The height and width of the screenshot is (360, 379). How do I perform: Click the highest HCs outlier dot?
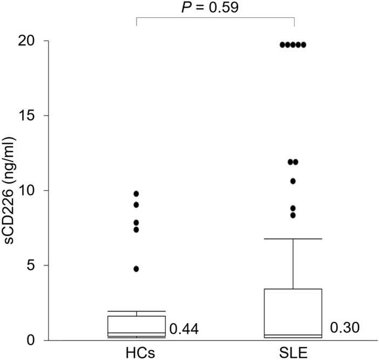[136, 193]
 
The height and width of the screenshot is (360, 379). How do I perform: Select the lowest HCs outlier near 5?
[136, 269]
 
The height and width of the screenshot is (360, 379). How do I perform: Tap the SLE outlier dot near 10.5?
[293, 181]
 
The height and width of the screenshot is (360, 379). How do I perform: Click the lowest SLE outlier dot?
[293, 215]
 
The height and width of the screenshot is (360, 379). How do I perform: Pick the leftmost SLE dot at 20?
[282, 44]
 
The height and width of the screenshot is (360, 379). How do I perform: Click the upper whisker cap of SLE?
[293, 239]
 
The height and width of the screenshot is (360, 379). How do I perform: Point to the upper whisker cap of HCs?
[136, 311]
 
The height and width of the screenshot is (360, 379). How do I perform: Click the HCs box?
[136, 325]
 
